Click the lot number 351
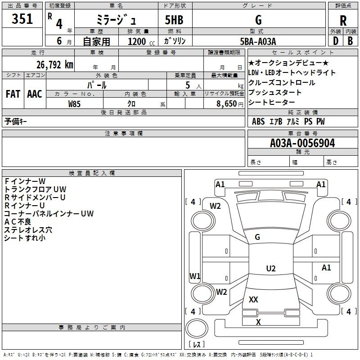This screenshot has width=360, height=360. pos(22,19)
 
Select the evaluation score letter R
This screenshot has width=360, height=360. pos(343,20)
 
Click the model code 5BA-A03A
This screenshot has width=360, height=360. pos(258,41)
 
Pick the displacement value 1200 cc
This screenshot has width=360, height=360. pos(139,41)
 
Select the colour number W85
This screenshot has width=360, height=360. pos(75,103)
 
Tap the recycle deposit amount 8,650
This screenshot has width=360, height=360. pos(225,103)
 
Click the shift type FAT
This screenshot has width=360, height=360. pos(13,94)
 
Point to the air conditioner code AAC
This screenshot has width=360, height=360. pos(35,94)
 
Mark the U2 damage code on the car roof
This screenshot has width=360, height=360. pos(270,269)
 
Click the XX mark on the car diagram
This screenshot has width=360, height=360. pos(253,299)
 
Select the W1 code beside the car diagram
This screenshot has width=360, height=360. pos(195,276)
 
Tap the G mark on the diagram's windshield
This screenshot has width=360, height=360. pos(257,237)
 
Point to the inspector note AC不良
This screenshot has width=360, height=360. pos(18,222)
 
